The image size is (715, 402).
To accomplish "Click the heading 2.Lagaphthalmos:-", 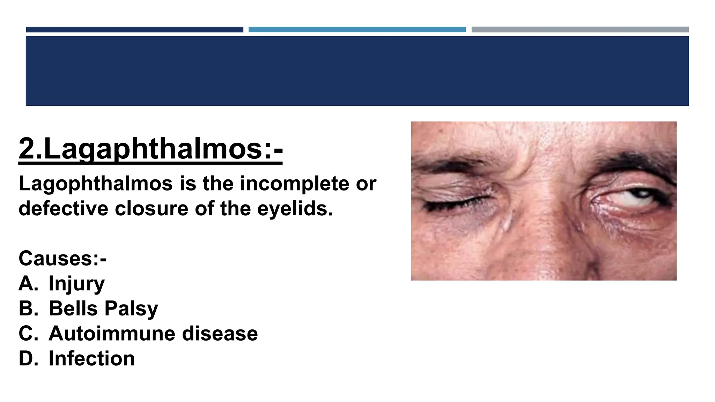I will pos(150,149).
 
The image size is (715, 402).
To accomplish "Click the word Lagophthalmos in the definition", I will pos(95,184).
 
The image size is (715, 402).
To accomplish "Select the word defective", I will pos(63,209).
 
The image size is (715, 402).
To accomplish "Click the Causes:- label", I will pos(62,259).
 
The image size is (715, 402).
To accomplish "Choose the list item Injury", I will pos(76,283).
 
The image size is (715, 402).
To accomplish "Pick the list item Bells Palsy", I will pos(103,308).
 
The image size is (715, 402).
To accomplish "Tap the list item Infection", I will pos(91,359).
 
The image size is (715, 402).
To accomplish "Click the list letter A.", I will pos(28,283).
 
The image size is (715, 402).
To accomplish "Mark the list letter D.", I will pos(28,359).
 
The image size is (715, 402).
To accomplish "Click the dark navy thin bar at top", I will pos(134,30).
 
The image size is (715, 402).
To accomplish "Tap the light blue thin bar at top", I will pos(357,30).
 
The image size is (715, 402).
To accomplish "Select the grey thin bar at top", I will pos(580,30).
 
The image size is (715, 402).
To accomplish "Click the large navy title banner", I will pos(357,71).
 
